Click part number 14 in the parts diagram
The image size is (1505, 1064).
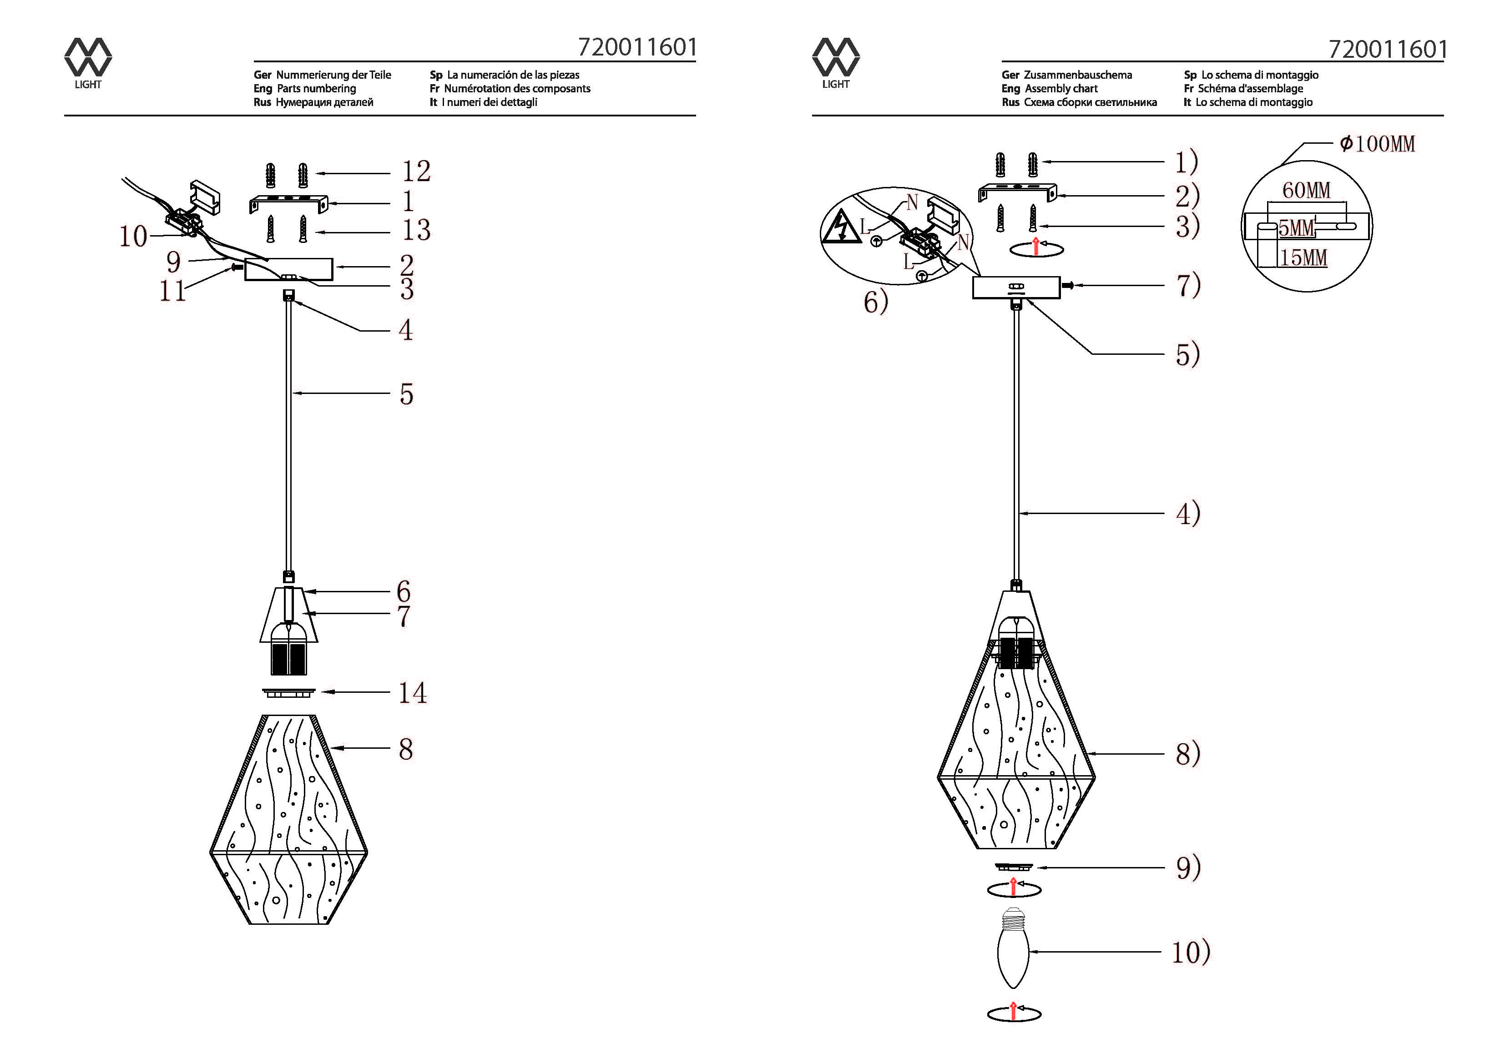pyautogui.click(x=413, y=693)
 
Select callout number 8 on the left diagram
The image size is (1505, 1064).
pyautogui.click(x=406, y=749)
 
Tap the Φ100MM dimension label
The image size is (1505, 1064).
pyautogui.click(x=1377, y=144)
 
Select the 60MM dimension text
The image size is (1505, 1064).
pyautogui.click(x=1306, y=190)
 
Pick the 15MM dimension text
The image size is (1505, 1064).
pyautogui.click(x=1304, y=257)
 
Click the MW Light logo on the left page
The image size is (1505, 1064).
pyautogui.click(x=88, y=63)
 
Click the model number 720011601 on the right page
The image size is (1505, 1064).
pyautogui.click(x=1387, y=49)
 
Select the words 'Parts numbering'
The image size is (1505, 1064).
pyautogui.click(x=317, y=89)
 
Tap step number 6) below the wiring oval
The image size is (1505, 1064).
pyautogui.click(x=876, y=302)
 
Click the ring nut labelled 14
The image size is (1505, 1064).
pyautogui.click(x=288, y=692)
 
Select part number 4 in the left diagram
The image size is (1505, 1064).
pyautogui.click(x=406, y=330)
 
